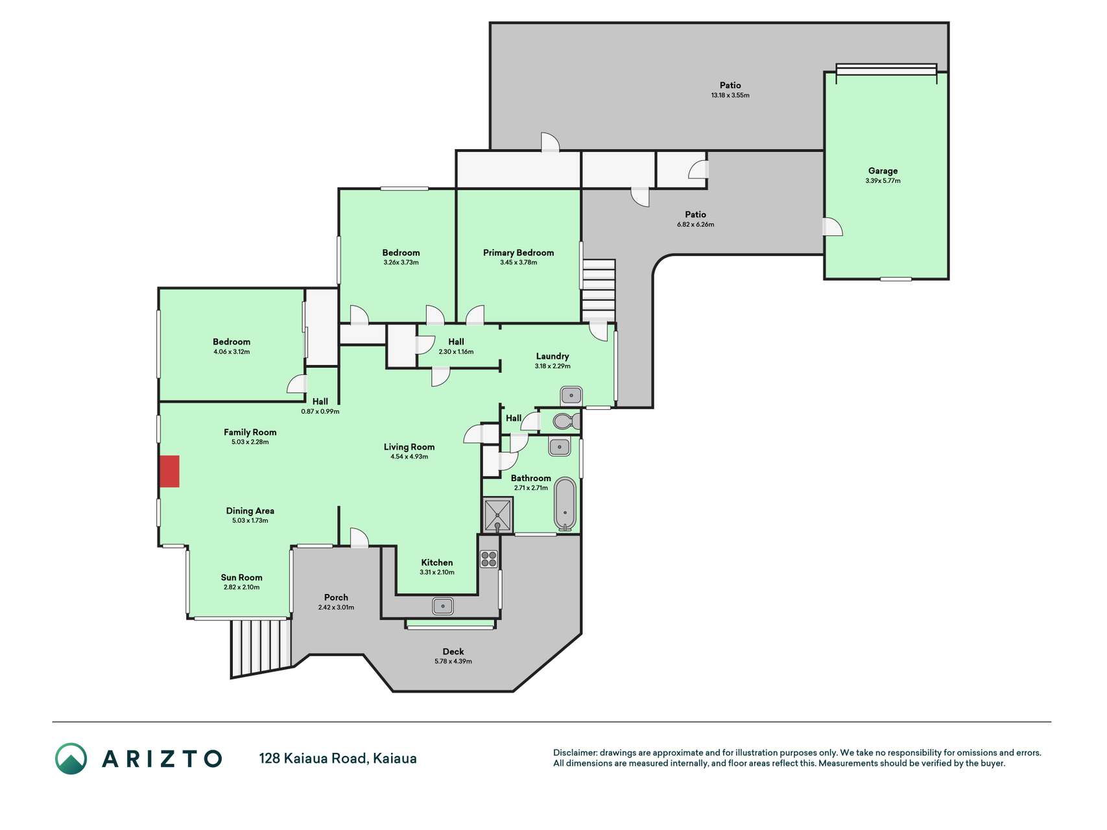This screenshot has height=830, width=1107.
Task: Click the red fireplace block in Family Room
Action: pos(169,471)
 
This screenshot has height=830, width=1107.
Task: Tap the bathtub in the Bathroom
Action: pos(565,504)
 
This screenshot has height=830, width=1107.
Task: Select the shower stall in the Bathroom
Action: pos(498,515)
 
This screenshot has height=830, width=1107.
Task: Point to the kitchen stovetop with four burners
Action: pos(489,559)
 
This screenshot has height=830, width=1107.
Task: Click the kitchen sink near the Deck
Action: pos(443,606)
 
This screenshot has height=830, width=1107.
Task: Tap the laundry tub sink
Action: pos(571,395)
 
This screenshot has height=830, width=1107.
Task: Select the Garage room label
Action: pos(883,171)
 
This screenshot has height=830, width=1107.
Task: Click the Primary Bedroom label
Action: pos(518,253)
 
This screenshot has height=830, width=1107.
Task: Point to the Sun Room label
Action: pos(241,578)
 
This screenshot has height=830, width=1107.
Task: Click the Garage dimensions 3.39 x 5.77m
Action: pos(883,181)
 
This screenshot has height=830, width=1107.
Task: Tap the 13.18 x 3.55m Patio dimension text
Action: pos(730,95)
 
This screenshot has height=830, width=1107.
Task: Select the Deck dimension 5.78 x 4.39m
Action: pos(453,661)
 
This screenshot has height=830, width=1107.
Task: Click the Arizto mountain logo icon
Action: pos(71,759)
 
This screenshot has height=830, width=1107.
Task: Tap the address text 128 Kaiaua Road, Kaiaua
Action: pos(338,758)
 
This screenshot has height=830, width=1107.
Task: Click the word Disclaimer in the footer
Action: pos(575,753)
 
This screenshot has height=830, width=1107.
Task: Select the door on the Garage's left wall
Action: pos(833,226)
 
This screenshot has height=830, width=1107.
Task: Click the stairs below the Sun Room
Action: pos(260,646)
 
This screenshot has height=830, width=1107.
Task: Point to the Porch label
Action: pos(336,597)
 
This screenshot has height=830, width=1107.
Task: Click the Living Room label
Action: pos(409,447)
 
